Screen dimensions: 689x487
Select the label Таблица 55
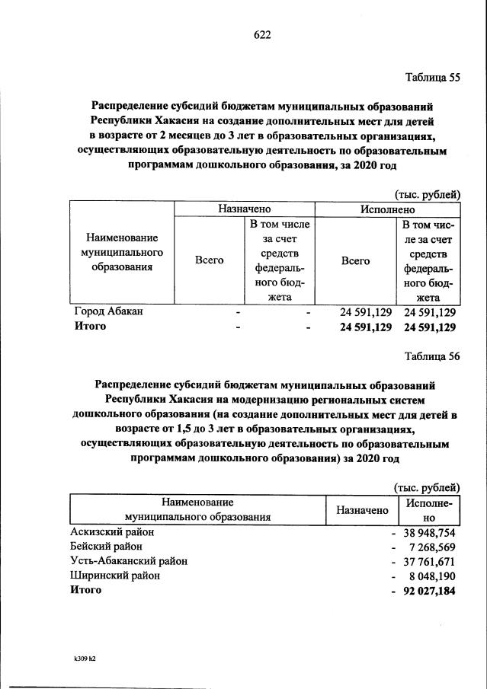pyautogui.click(x=431, y=77)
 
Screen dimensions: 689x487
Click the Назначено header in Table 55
pyautogui.click(x=244, y=209)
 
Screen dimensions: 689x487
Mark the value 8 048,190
pyautogui.click(x=429, y=576)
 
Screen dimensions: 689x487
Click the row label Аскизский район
pyautogui.click(x=111, y=532)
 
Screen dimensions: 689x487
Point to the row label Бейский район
pyautogui.click(x=104, y=547)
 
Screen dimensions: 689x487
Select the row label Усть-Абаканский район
pyautogui.click(x=128, y=561)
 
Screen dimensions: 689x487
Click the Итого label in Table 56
pyautogui.click(x=85, y=590)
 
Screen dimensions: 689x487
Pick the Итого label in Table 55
pyautogui.click(x=90, y=327)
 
